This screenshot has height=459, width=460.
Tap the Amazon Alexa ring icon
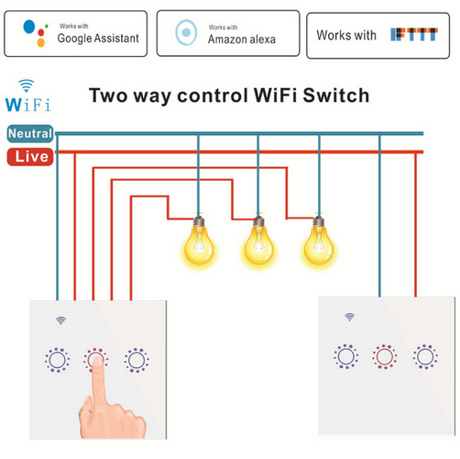(186, 32)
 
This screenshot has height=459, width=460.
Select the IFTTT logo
(414, 34)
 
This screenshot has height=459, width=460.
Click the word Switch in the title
(336, 95)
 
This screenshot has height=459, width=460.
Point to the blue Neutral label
(30, 133)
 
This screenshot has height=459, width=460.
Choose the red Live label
(30, 157)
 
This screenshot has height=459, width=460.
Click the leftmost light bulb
(199, 241)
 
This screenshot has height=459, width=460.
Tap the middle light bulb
(258, 241)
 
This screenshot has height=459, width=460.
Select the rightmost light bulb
(319, 241)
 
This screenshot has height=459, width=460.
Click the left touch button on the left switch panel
(57, 360)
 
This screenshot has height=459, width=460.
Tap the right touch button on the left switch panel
(137, 360)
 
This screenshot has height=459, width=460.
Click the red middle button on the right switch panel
(385, 357)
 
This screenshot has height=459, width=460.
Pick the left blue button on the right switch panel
(346, 356)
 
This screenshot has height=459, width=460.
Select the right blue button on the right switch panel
(425, 357)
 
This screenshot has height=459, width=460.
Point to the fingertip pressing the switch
(97, 362)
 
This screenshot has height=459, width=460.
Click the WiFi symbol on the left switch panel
(60, 320)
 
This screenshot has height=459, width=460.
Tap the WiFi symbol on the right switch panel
(350, 317)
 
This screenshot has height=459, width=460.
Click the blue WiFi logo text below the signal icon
(27, 105)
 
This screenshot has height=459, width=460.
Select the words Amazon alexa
(242, 39)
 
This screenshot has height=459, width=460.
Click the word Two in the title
(108, 95)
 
